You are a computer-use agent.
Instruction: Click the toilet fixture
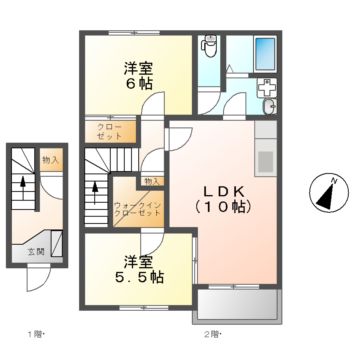(x=210, y=45)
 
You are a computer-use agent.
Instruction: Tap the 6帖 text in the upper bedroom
(x=138, y=85)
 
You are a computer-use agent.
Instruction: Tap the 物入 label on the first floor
(x=50, y=159)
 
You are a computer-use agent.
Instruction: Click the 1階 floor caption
(x=34, y=332)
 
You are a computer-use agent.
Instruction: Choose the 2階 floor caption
(x=212, y=332)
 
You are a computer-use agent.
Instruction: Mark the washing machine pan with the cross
(x=263, y=86)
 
